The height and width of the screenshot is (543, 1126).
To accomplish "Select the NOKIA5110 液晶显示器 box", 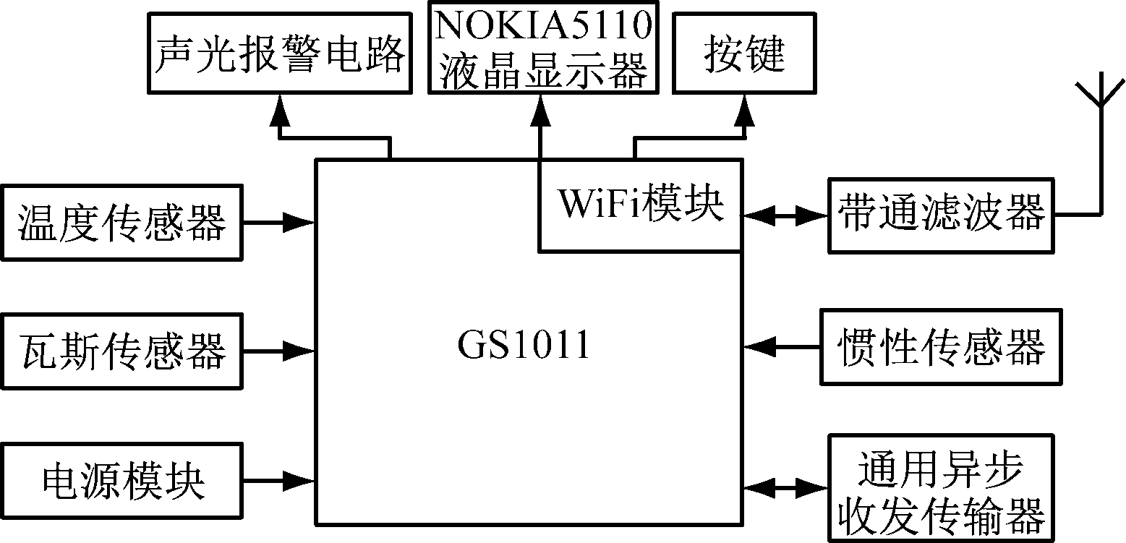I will click(x=543, y=48).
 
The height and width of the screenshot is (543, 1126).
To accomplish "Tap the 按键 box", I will click(x=744, y=54).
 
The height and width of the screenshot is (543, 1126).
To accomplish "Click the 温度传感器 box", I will click(x=121, y=222).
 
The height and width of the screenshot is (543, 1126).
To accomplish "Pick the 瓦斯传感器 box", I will click(x=121, y=350).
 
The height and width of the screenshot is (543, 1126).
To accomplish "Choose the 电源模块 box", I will click(x=121, y=479).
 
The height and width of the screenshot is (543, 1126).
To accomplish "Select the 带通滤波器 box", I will click(x=941, y=214).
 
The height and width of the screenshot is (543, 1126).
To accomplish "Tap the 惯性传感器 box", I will click(x=941, y=346).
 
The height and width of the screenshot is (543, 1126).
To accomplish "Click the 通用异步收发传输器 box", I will click(x=941, y=487).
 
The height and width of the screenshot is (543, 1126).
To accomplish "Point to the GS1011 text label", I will click(x=523, y=346).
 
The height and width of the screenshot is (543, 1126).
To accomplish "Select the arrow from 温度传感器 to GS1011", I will click(x=279, y=222).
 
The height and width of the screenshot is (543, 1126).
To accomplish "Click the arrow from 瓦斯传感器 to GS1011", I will click(x=279, y=351).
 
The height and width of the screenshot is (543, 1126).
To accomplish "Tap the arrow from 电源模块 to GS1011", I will click(x=279, y=479).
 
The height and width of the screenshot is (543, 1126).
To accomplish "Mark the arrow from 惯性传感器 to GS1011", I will click(x=782, y=346).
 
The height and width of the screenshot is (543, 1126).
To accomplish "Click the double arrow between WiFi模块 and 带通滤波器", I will click(x=785, y=214).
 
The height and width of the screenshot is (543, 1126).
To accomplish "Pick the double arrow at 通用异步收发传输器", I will click(x=785, y=487).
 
